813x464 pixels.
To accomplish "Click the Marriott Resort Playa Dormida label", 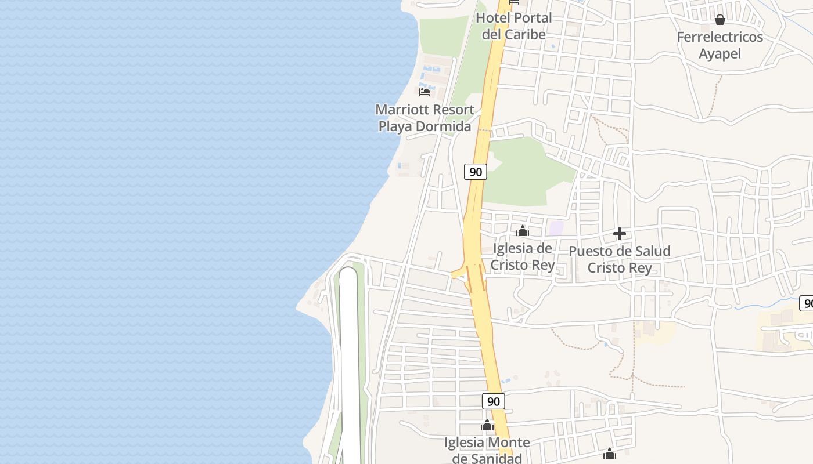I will (425, 118).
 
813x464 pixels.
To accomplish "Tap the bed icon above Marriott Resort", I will (425, 92).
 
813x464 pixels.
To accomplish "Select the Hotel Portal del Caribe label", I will (513, 26).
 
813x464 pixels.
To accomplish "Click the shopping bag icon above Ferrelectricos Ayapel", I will (720, 20).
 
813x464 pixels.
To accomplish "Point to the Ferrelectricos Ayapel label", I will (720, 45).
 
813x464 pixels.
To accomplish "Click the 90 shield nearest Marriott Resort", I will (476, 172).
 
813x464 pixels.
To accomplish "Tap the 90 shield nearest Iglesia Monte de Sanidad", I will (493, 401).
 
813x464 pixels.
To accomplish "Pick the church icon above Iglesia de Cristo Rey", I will (523, 231).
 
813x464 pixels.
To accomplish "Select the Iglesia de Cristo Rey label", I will (523, 257).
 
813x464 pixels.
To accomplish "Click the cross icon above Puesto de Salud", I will (620, 234).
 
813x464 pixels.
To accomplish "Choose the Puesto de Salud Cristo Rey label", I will (620, 259).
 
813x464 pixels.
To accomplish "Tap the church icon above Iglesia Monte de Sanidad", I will (487, 426).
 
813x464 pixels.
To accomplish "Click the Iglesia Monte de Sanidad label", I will (487, 450).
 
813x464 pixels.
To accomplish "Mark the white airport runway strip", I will (349, 365).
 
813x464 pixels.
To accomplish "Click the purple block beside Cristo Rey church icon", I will (556, 228).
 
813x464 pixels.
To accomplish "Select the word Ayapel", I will (720, 54).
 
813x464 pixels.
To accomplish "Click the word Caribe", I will (525, 34).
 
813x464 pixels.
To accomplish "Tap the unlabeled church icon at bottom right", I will (609, 454).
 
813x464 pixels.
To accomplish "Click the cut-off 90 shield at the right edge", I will (807, 303).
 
